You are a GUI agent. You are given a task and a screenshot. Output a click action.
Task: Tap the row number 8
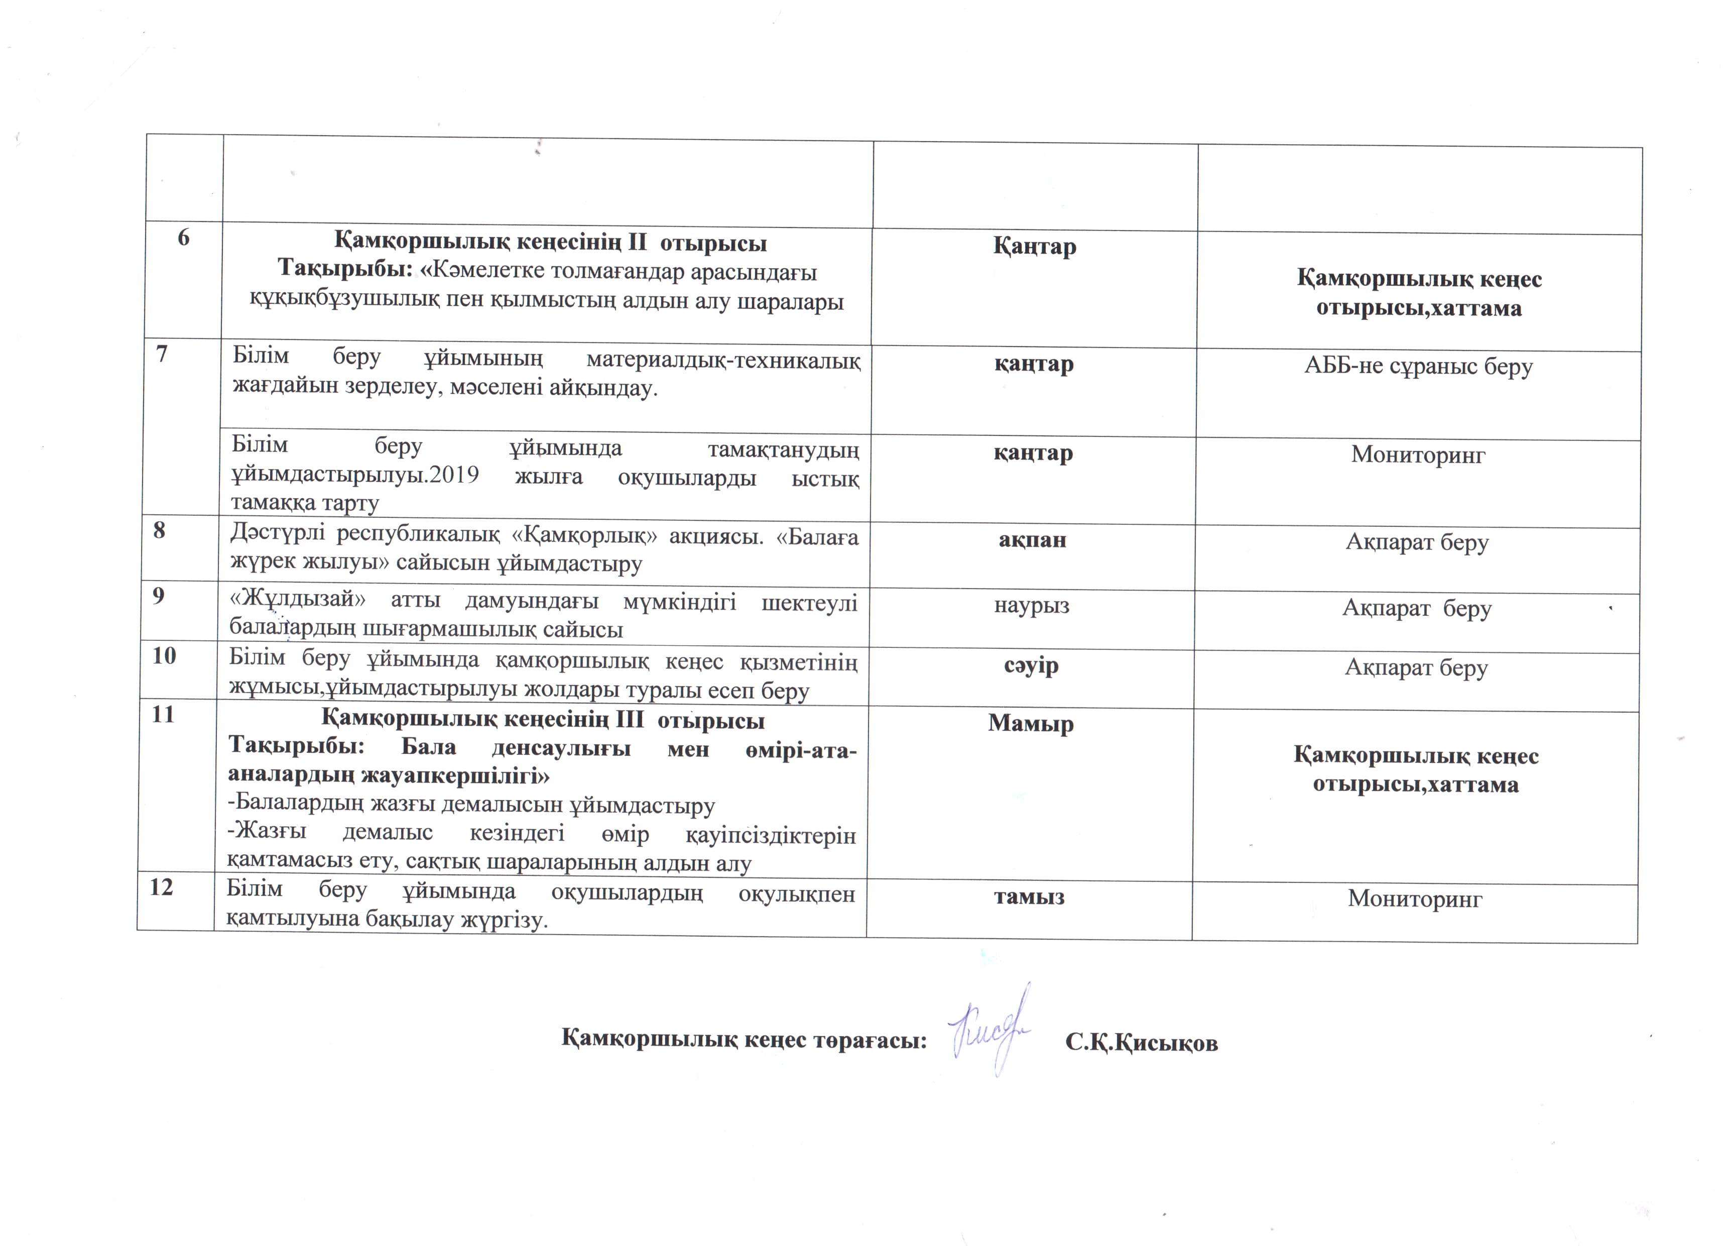pyautogui.click(x=159, y=530)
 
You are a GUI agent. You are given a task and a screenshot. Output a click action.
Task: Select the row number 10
pyautogui.click(x=165, y=656)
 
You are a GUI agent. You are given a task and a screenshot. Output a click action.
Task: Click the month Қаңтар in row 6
pyautogui.click(x=1034, y=247)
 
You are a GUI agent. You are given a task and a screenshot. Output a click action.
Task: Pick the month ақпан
pyautogui.click(x=1032, y=539)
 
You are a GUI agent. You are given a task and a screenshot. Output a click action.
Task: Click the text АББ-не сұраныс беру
pyautogui.click(x=1418, y=367)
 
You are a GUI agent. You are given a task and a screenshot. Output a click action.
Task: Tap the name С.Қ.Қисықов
pyautogui.click(x=1142, y=1043)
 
